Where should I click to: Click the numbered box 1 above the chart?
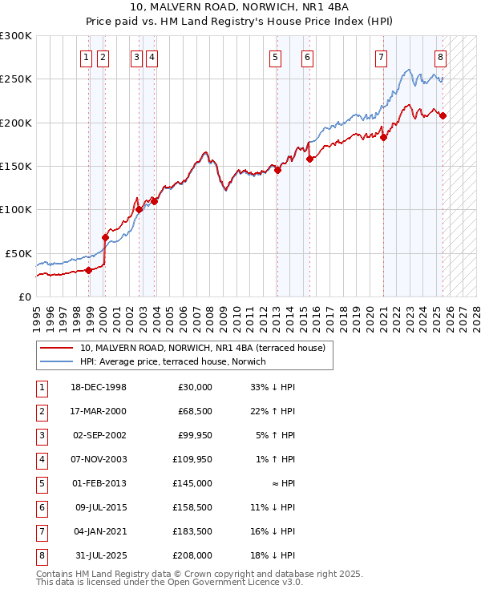[x=86, y=57]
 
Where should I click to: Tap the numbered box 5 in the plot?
[x=275, y=57]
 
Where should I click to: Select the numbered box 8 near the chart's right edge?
[x=440, y=57]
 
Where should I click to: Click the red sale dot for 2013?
[x=277, y=170]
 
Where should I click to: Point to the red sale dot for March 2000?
[x=105, y=237]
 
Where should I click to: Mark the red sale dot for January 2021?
[x=383, y=137]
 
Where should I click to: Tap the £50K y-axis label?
[x=18, y=253]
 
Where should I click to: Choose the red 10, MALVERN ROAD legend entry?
[x=201, y=349]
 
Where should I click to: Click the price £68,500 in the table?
[x=195, y=411]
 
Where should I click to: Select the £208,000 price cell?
[x=193, y=555]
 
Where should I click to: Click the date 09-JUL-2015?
[x=99, y=507]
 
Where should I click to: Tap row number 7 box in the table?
[x=40, y=531]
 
